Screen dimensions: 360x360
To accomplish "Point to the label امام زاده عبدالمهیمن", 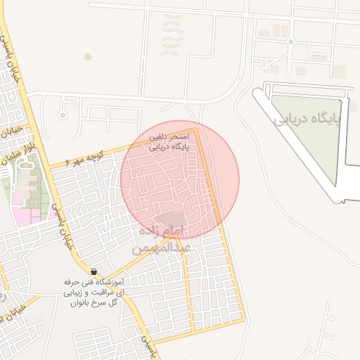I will (162, 240).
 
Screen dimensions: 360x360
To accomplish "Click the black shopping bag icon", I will (94, 271).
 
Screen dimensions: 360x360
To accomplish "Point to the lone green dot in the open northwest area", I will (88, 56).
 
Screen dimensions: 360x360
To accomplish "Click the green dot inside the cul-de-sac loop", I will (63, 115).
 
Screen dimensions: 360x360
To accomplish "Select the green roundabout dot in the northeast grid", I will (290, 42).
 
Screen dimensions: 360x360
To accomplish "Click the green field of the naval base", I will (309, 141).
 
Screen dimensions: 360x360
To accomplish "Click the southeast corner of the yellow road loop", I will (244, 321).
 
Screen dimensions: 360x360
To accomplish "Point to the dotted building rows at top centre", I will (170, 35).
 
